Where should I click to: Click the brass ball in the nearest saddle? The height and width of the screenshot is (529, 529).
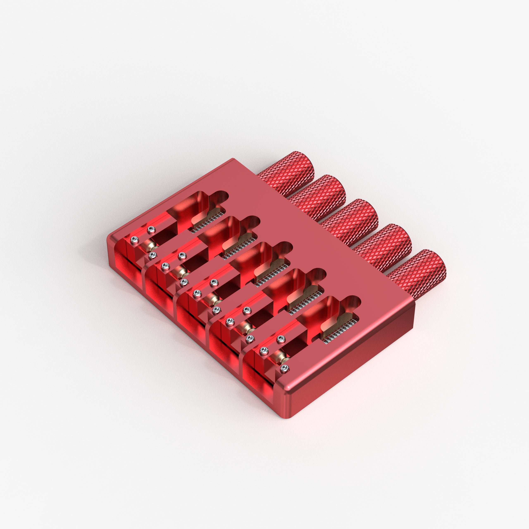[x=282, y=357]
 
